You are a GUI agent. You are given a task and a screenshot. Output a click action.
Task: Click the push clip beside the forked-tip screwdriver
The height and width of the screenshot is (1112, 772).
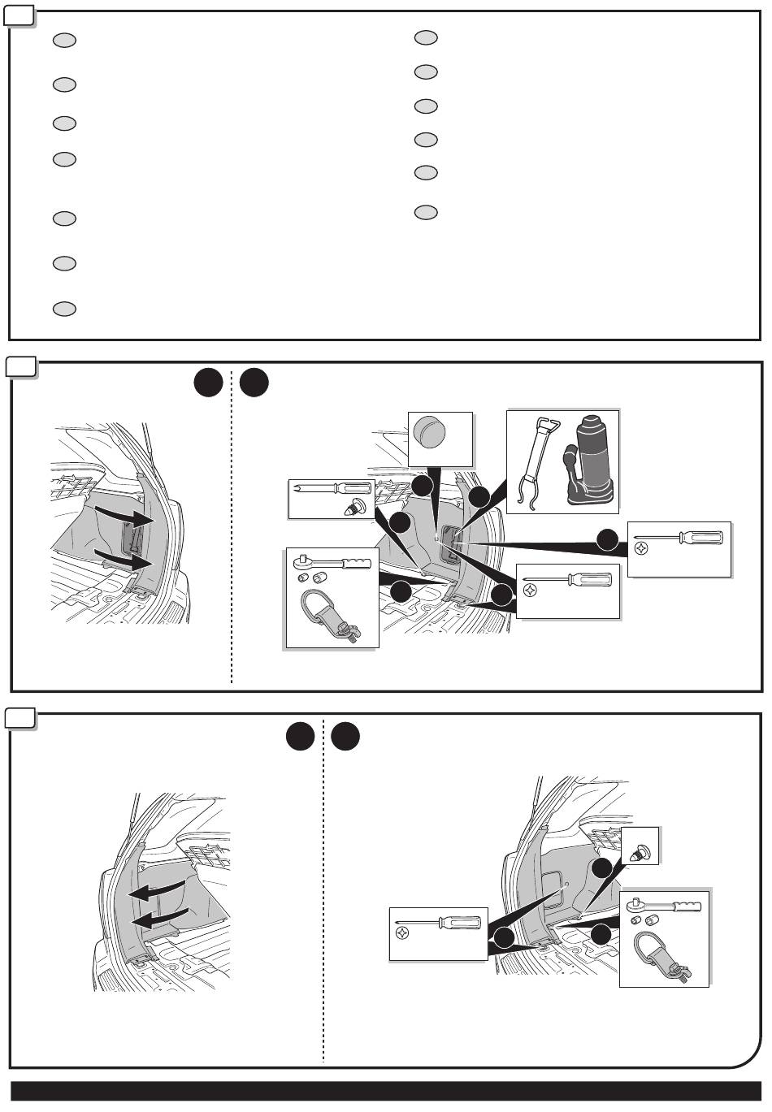[355, 507]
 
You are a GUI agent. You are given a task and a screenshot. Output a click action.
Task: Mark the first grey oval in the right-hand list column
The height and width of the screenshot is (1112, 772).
[426, 37]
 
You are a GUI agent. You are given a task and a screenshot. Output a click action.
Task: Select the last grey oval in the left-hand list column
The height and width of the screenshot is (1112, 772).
[64, 309]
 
